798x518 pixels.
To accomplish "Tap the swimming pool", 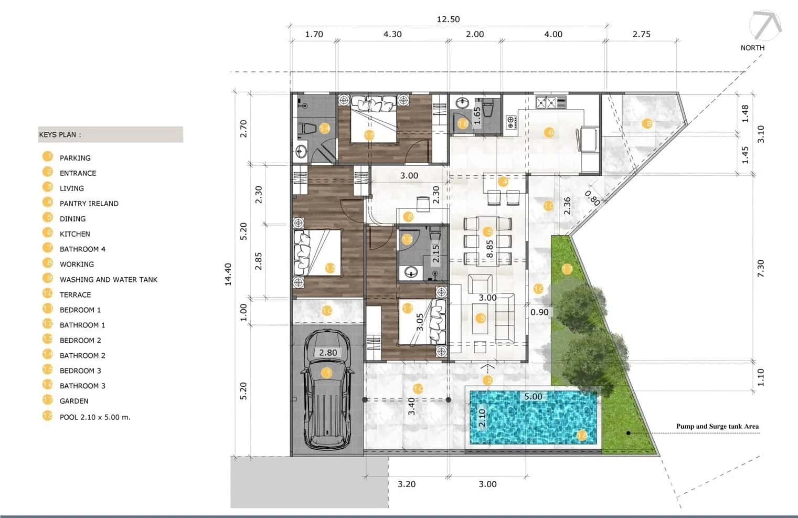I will click(x=534, y=418).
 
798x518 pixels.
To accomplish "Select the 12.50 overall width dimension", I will click(x=448, y=19).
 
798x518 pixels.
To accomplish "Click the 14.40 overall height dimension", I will click(x=228, y=274).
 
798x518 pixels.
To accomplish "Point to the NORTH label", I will click(x=752, y=48).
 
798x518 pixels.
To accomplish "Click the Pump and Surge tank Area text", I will click(x=717, y=427).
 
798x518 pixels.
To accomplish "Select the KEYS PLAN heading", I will click(x=60, y=135).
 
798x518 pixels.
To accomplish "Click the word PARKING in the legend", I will click(x=75, y=158).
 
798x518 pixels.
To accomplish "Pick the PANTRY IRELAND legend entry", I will click(x=89, y=204).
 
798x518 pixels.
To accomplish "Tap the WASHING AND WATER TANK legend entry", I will click(x=108, y=280).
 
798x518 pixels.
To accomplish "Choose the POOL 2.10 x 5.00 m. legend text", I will click(x=95, y=417).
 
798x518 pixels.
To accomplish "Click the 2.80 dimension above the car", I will click(x=328, y=353).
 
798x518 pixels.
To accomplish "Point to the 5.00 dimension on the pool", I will click(x=533, y=397).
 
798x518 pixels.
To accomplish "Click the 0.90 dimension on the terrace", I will click(x=539, y=312).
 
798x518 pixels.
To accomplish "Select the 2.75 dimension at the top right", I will click(x=641, y=34).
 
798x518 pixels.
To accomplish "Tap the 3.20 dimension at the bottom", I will click(x=406, y=484).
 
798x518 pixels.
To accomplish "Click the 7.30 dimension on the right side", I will click(x=761, y=269).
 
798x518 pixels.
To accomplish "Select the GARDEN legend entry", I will click(x=74, y=401).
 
